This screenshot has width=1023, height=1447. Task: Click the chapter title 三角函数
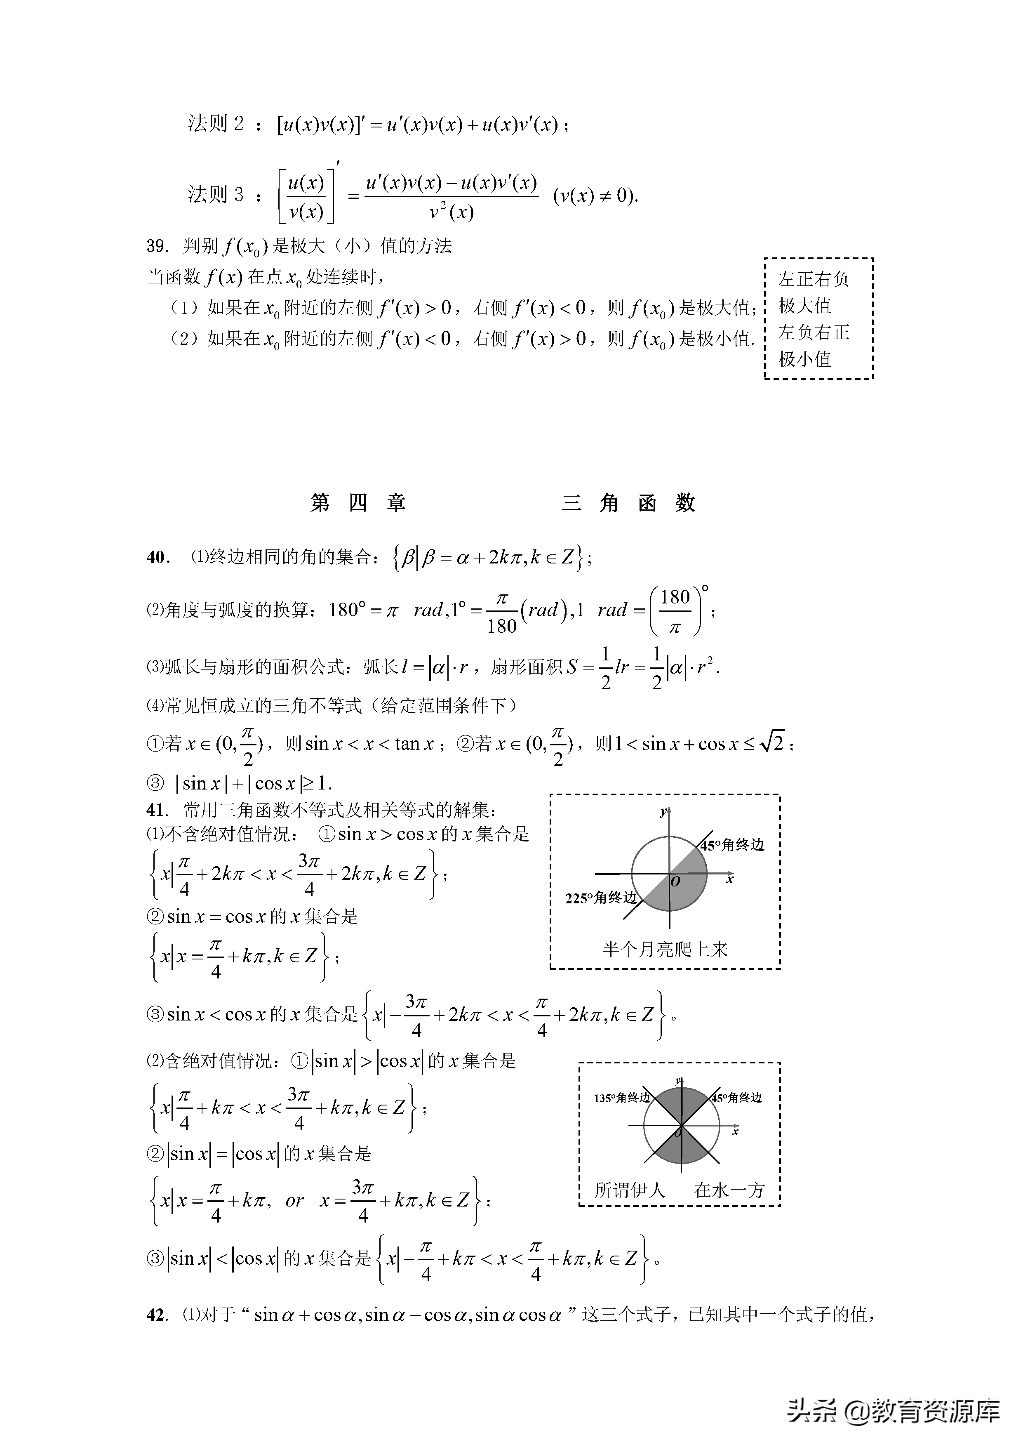coord(628,503)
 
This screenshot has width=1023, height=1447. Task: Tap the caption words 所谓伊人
coord(630,1190)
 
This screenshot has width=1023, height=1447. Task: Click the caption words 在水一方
coord(729,1190)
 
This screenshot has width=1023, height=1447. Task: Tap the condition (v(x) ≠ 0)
coord(595,196)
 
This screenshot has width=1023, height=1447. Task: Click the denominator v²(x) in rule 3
coord(451,212)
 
